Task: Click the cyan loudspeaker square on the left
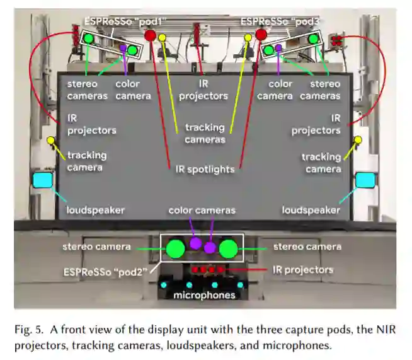pyautogui.click(x=43, y=180)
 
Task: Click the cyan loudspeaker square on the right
pyautogui.click(x=365, y=180)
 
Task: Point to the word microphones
pyautogui.click(x=204, y=295)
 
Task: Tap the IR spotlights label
pyautogui.click(x=204, y=169)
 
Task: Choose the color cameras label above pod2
pyautogui.click(x=202, y=210)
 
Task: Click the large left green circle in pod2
pyautogui.click(x=176, y=248)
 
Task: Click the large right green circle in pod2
pyautogui.click(x=229, y=248)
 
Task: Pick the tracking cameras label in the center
pyautogui.click(x=204, y=133)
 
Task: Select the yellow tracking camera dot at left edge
pyautogui.click(x=50, y=139)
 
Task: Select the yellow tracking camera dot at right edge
pyautogui.click(x=358, y=139)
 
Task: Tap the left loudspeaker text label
pyautogui.click(x=96, y=210)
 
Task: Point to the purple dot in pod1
pyautogui.click(x=123, y=47)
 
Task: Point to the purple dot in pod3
pyautogui.click(x=278, y=47)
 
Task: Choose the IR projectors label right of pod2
pyautogui.click(x=302, y=270)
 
